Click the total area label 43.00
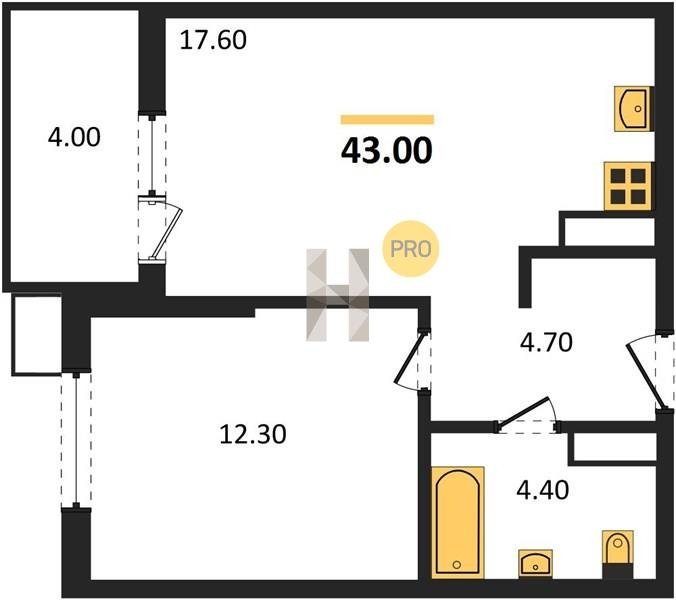386,151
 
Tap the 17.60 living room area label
213,40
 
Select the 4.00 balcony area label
74,137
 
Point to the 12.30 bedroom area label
253,434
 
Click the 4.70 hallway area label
546,343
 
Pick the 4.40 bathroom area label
543,490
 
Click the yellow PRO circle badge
410,249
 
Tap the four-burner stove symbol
629,186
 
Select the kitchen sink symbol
633,109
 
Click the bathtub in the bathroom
457,522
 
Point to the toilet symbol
617,547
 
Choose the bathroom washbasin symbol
535,563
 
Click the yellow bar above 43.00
387,119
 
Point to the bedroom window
76,440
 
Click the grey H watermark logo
338,295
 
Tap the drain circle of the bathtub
457,565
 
